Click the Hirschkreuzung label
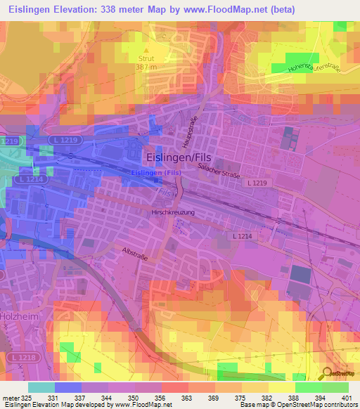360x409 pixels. click(x=172, y=212)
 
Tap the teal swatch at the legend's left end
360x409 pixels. click(x=41, y=387)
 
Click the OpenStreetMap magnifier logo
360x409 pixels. click(x=327, y=372)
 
